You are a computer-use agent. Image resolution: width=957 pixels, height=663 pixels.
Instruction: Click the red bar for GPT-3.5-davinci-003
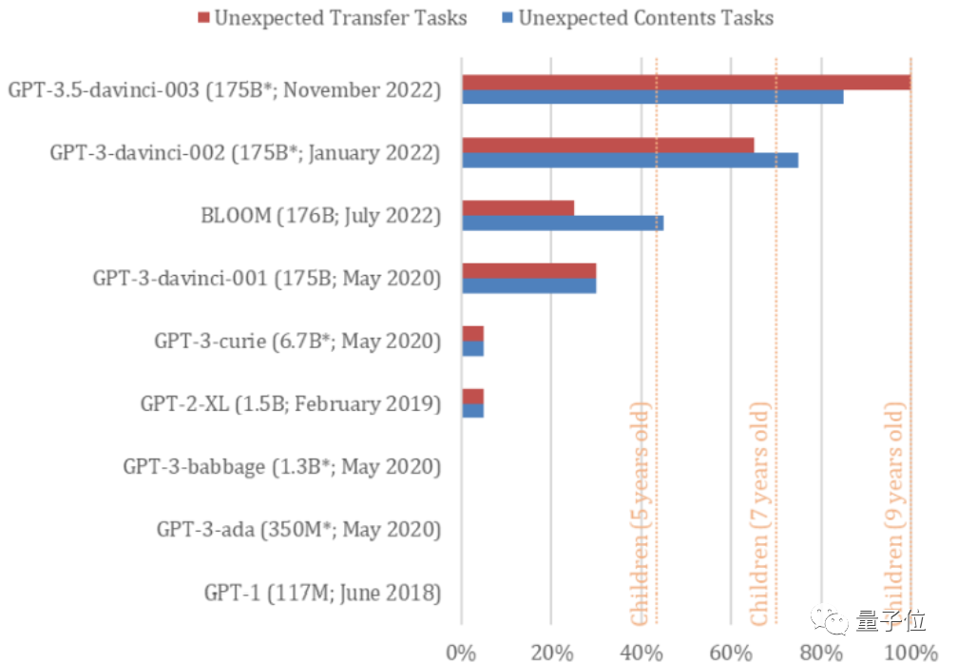coord(685,83)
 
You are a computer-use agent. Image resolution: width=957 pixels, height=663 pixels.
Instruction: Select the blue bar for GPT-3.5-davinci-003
coord(652,97)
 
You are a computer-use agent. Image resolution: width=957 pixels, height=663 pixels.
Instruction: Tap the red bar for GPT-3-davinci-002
coord(607,145)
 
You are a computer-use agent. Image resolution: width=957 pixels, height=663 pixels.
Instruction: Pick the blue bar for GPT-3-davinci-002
coord(629,160)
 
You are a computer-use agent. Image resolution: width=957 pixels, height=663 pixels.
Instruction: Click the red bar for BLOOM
coord(517,207)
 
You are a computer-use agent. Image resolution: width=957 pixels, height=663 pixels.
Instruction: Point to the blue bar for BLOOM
coord(562,223)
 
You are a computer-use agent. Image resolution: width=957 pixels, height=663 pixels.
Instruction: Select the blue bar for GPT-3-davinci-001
coord(528,285)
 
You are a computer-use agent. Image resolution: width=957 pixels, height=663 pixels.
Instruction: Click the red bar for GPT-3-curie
coord(472,333)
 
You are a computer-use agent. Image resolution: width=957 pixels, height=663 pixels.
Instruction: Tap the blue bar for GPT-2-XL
coord(472,410)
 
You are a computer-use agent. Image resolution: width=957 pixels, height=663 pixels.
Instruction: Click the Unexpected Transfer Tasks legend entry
coord(332,18)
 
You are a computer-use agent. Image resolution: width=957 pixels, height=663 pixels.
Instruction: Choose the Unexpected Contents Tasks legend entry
coord(636,18)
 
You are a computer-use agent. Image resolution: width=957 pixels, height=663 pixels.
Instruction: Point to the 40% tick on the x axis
coord(641,652)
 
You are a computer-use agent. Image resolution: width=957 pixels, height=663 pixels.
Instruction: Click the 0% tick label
coord(461,652)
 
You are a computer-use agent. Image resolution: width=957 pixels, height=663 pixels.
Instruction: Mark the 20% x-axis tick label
coord(551,652)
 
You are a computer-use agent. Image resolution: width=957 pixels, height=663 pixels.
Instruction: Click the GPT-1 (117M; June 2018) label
coord(322,594)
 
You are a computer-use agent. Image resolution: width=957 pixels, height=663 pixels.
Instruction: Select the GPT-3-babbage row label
coord(281,467)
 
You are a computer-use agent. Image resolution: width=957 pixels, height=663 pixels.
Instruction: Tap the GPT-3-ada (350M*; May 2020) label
coord(298,530)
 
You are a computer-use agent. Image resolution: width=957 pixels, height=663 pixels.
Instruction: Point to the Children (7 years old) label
coord(759,515)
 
